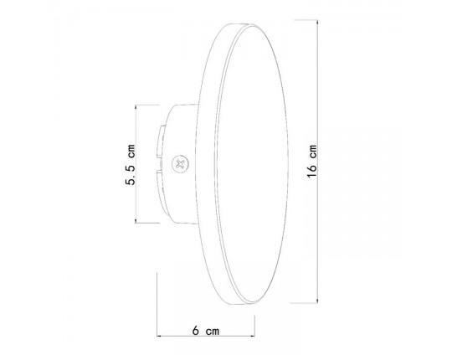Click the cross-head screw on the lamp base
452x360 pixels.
click(x=178, y=164)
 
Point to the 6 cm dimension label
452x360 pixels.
click(x=205, y=332)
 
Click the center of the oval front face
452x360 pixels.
click(x=251, y=164)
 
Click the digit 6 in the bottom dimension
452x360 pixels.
click(x=195, y=332)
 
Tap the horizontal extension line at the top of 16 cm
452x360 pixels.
click(x=285, y=23)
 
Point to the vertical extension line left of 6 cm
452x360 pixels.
click(x=158, y=301)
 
